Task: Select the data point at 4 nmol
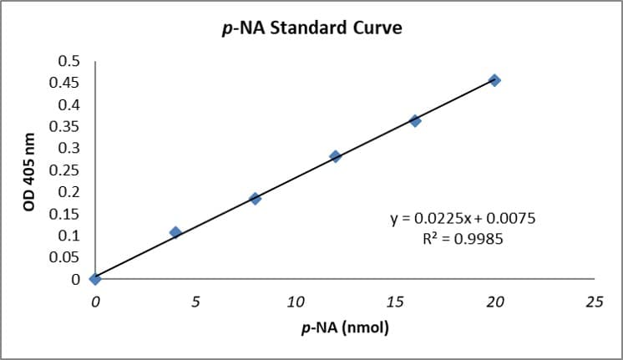[175, 232]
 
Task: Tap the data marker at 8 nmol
[256, 199]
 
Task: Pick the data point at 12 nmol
[336, 156]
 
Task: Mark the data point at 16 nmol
[415, 120]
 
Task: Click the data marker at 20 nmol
[495, 80]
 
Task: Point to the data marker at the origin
[95, 278]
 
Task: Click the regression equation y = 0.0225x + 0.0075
[462, 219]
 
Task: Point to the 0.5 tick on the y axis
[69, 61]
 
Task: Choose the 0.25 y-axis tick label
[66, 170]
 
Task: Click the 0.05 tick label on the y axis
[66, 256]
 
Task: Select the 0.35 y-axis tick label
[66, 126]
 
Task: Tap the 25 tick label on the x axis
[594, 301]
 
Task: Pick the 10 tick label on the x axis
[295, 301]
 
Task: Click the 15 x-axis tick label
[395, 301]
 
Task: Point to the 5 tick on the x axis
[195, 301]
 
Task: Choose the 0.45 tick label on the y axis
[66, 83]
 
